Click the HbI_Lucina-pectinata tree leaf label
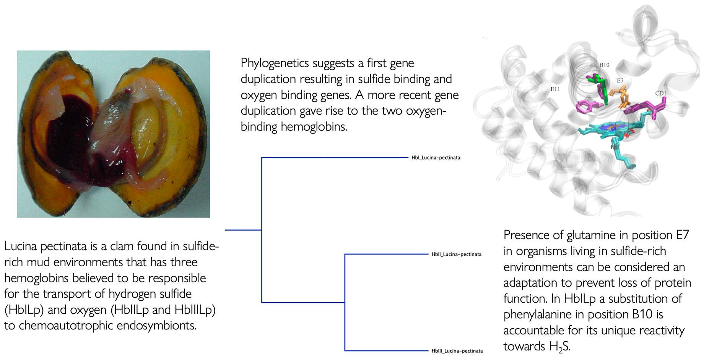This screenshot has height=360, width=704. pyautogui.click(x=436, y=158)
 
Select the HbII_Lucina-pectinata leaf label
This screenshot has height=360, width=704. pyautogui.click(x=456, y=254)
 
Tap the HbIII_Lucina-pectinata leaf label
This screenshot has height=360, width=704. pyautogui.click(x=457, y=351)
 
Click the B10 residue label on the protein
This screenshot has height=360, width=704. pyautogui.click(x=604, y=65)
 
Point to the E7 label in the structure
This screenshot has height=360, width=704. pyautogui.click(x=620, y=81)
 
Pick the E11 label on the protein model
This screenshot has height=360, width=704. pyautogui.click(x=555, y=89)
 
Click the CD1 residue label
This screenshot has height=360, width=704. pyautogui.click(x=660, y=93)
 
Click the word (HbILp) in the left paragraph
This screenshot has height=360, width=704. pyautogui.click(x=24, y=310)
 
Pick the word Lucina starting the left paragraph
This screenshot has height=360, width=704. pyautogui.click(x=20, y=246)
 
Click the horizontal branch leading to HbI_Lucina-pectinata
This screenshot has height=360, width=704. pyautogui.click(x=335, y=157)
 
